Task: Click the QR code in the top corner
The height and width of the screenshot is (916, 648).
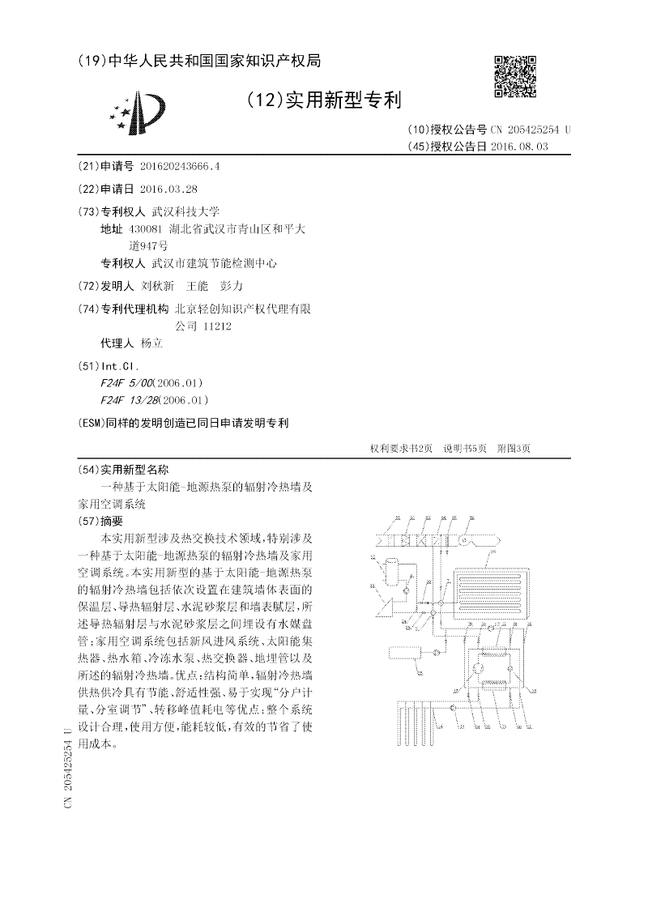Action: tap(514, 76)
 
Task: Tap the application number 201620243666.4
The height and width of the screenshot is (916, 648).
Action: tap(179, 166)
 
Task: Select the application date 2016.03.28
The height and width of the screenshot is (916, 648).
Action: tap(168, 189)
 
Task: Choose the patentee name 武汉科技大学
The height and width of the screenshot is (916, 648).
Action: tap(174, 211)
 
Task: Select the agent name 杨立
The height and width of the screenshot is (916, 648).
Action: tap(151, 343)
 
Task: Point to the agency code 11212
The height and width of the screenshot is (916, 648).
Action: tap(215, 326)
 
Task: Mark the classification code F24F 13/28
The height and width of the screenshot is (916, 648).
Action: tap(128, 399)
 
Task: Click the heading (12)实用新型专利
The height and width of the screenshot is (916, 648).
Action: tap(324, 100)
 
